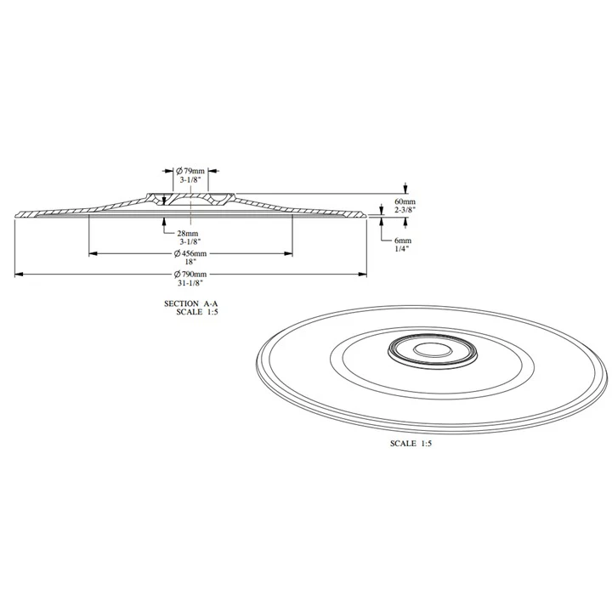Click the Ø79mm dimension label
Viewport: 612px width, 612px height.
[190, 171]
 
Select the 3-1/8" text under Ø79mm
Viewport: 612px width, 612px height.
[190, 180]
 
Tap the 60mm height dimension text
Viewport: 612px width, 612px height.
[405, 201]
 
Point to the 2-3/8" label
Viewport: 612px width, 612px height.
[405, 210]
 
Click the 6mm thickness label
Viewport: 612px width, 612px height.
[403, 241]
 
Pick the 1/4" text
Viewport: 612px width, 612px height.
[401, 248]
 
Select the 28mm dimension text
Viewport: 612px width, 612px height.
[188, 234]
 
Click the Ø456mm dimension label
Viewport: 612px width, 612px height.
[190, 253]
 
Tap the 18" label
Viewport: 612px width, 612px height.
[190, 262]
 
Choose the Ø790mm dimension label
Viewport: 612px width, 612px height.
[190, 275]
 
